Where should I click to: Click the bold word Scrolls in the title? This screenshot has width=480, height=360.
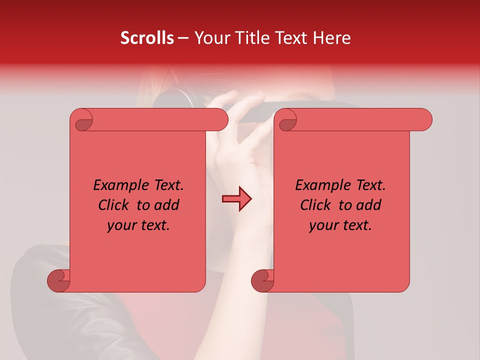coord(147,38)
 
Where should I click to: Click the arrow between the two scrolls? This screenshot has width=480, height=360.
coord(236,199)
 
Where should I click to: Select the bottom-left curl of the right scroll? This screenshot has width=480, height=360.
coord(262,280)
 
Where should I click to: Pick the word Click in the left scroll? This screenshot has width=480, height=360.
coord(116,205)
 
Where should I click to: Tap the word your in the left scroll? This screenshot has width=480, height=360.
coord(120,225)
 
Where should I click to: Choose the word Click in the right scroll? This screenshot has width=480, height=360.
coord(317,205)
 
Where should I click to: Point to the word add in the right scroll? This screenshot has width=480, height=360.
coord(368,205)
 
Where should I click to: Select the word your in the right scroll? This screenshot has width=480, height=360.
coord(322,225)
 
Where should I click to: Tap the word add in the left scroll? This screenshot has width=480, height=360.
coord(166,205)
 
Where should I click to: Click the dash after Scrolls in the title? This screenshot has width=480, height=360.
coord(183,38)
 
